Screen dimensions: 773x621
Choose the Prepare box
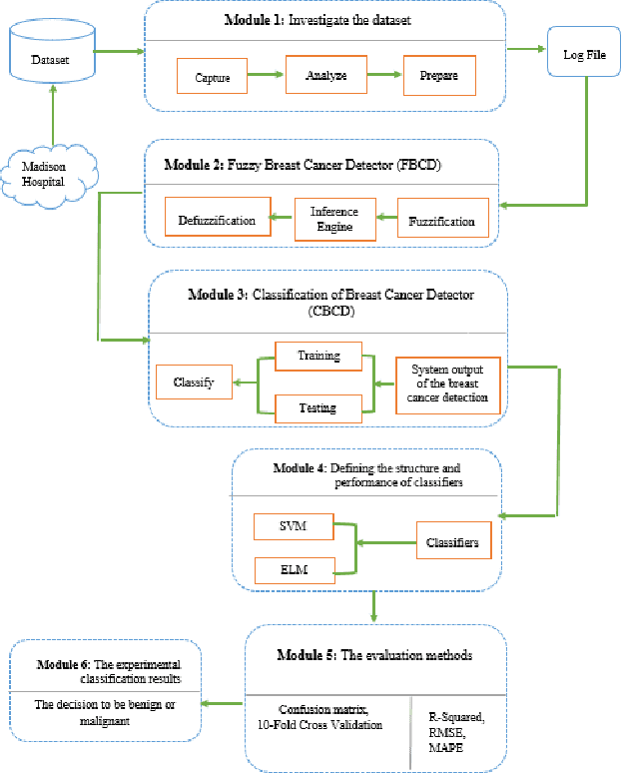pyautogui.click(x=438, y=75)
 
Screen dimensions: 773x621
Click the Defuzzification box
pyautogui.click(x=218, y=219)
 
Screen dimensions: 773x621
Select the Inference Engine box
pyautogui.click(x=333, y=219)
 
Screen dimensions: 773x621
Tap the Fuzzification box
pyautogui.click(x=442, y=221)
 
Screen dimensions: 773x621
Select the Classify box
pyautogui.click(x=194, y=383)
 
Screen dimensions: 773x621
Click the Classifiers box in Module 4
pyautogui.click(x=452, y=543)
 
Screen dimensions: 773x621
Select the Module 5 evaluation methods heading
pyautogui.click(x=371, y=656)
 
